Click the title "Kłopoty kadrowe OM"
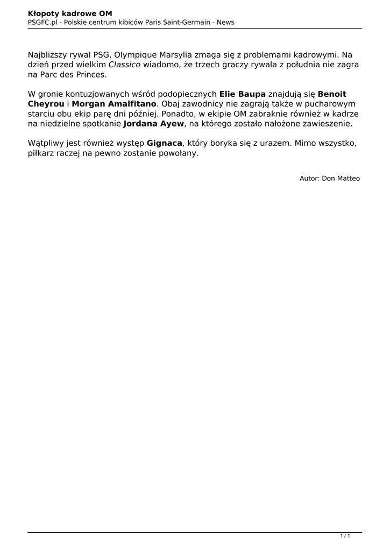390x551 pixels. [x=70, y=13]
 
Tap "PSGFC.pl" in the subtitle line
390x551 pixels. [x=42, y=22]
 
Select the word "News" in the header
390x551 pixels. [x=225, y=22]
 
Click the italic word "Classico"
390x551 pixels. [x=124, y=65]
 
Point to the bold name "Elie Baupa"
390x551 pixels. [x=243, y=94]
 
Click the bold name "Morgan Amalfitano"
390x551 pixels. [x=114, y=103]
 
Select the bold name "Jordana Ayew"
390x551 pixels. [x=153, y=123]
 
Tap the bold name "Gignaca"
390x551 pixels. [x=165, y=143]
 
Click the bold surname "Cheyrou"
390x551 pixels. [x=46, y=103]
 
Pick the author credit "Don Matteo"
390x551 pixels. [x=341, y=178]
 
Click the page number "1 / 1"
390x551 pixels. [x=345, y=535]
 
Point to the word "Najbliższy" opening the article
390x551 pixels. [x=51, y=55]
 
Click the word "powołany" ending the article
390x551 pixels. [x=180, y=153]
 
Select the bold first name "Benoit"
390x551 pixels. [x=332, y=94]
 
